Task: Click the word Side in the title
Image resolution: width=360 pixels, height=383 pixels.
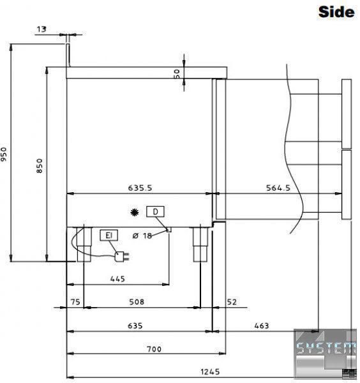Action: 336,11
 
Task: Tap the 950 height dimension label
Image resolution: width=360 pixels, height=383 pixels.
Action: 4,154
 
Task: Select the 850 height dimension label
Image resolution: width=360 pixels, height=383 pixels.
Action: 40,166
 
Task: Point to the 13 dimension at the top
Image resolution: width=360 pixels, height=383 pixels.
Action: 41,29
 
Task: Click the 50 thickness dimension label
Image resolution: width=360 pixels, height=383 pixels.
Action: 177,73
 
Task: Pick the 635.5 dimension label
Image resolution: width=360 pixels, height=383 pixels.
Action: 140,188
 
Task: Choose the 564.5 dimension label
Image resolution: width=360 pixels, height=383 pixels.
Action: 278,188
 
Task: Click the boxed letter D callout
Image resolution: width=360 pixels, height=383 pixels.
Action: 155,212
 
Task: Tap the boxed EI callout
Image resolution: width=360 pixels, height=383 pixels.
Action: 109,235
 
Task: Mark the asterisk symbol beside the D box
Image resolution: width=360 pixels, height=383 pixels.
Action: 135,213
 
